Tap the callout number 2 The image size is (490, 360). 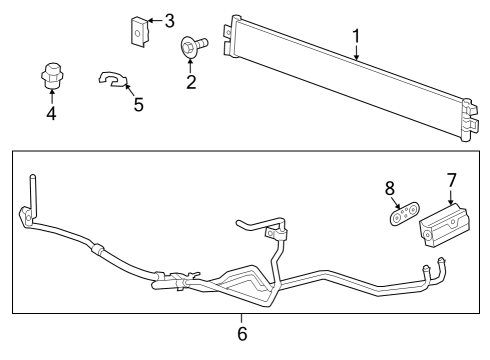point(191,81)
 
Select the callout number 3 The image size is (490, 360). point(169,20)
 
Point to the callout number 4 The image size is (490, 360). point(51,113)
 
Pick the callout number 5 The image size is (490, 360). point(139,104)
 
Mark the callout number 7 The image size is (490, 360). point(452,180)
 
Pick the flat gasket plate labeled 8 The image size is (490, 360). point(401,213)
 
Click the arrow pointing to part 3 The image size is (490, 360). point(154,20)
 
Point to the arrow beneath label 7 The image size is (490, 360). point(452,197)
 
